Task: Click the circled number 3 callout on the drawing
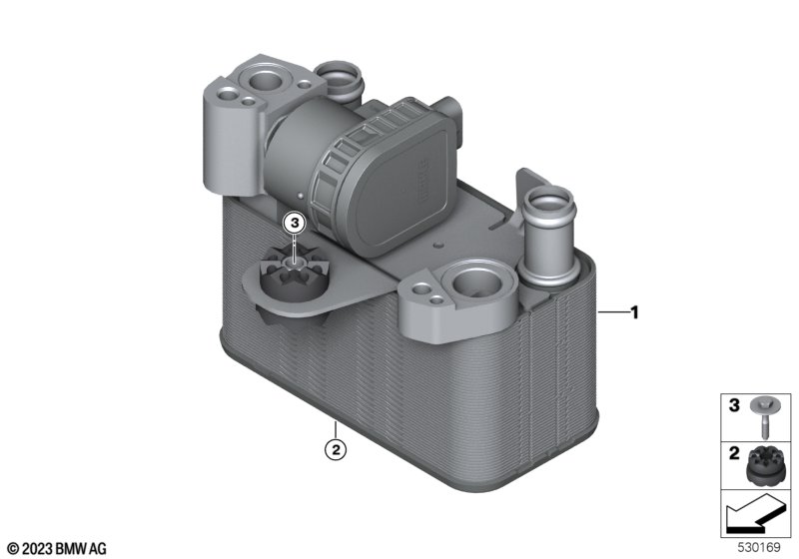tap(295, 223)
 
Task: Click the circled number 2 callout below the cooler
tap(336, 449)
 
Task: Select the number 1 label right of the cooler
tap(634, 312)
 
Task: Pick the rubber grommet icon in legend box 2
tap(765, 466)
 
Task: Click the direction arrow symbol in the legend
tap(754, 514)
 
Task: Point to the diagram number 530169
tap(759, 548)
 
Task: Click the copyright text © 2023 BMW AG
tap(57, 549)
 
